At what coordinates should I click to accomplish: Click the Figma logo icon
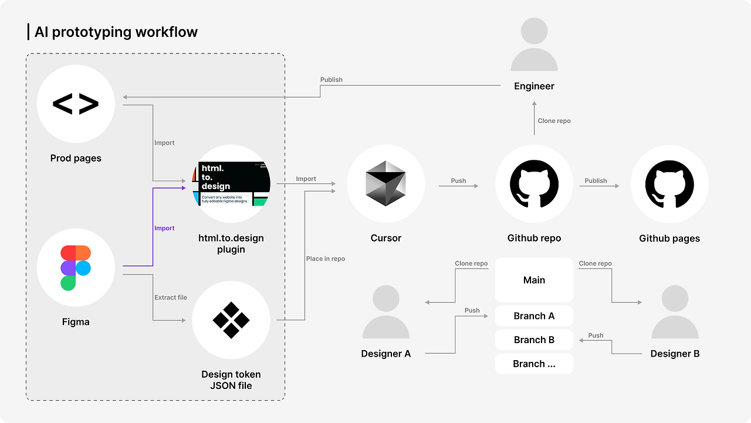76,268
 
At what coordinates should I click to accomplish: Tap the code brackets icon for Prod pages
76,104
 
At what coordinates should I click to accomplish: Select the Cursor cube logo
385,184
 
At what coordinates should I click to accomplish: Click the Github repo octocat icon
534,184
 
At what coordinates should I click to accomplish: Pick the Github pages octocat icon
669,184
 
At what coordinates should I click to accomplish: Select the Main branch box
534,280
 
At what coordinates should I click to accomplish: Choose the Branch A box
534,316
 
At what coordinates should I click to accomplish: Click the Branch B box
534,340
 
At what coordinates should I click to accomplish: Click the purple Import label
164,228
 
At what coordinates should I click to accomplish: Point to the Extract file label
171,297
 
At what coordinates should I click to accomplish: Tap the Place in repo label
326,258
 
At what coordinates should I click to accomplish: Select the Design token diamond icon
231,320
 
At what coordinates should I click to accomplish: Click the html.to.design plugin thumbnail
231,184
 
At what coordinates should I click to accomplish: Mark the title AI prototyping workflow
116,32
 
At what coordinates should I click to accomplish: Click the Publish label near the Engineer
331,79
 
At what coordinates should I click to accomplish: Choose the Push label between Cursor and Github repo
458,180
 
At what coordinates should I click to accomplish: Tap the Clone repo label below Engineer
554,120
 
